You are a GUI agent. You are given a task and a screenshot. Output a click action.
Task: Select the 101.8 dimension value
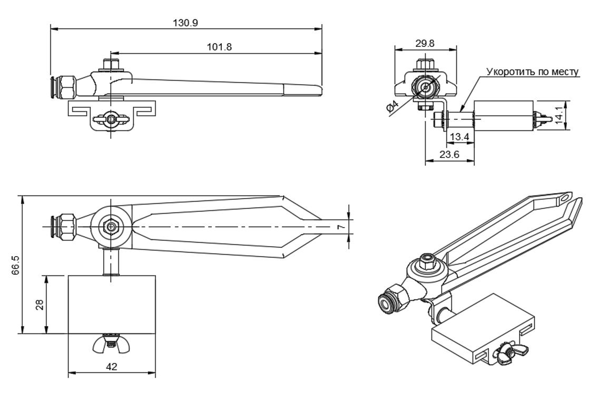(x=219, y=47)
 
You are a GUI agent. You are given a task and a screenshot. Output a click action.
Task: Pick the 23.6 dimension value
(x=449, y=156)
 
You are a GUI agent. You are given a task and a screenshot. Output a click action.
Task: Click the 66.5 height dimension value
(x=15, y=265)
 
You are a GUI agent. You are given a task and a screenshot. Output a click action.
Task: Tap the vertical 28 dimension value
(x=40, y=305)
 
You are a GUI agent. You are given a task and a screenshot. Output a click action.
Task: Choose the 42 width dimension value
(x=112, y=367)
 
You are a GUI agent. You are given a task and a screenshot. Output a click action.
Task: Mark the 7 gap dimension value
(x=340, y=227)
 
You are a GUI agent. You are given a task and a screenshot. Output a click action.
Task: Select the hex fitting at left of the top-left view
(x=67, y=87)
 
